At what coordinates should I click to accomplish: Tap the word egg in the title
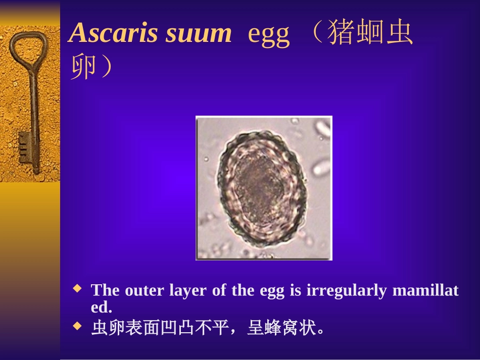(269, 34)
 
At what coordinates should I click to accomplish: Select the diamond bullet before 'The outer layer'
(77, 289)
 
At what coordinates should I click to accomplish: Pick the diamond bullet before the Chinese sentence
(77, 327)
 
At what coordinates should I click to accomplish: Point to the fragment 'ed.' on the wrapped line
(101, 307)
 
